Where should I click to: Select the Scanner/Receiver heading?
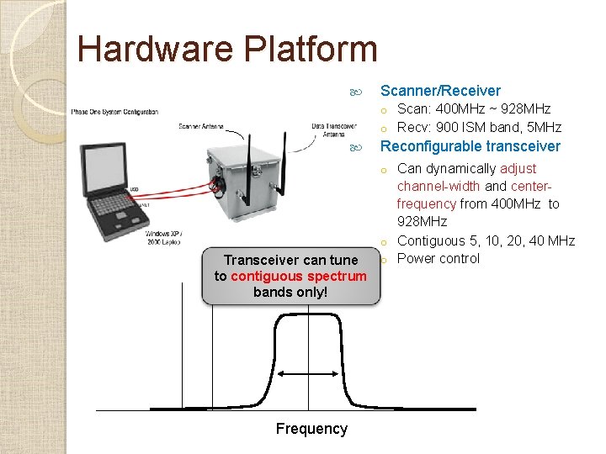pos(440,91)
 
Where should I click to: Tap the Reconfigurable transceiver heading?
pos(470,146)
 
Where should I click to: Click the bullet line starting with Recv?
pos(479,128)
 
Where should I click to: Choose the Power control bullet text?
pos(438,258)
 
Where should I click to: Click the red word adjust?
pos(518,168)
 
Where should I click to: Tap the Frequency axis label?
pos(311,429)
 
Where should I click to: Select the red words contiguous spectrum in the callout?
pos(299,276)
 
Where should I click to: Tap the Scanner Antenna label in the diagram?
pos(201,127)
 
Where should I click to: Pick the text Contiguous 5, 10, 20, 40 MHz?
pos(486,240)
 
